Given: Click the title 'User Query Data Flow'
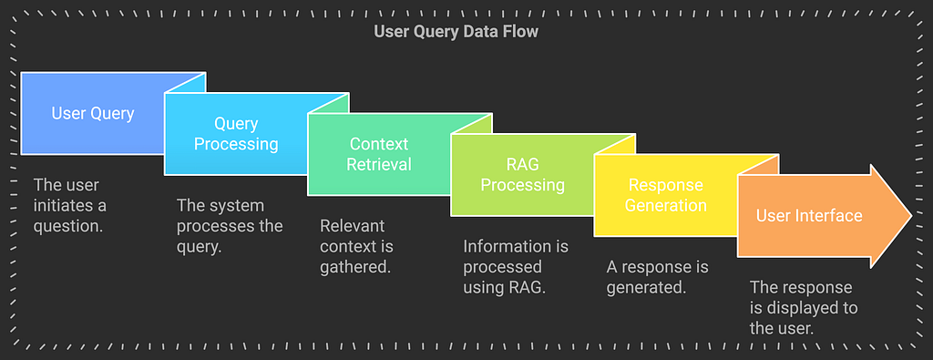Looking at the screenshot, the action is pos(456,31).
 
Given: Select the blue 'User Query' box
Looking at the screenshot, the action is pos(93,114).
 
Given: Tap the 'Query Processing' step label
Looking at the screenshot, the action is pos(236,134).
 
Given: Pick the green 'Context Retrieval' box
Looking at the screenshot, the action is pos(379,154).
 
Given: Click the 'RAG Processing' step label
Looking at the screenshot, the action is pos(522,174).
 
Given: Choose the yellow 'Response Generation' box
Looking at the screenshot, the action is pos(667,195).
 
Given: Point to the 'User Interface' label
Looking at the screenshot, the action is pos(809,215).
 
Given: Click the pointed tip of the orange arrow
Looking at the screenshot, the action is pos(911,215).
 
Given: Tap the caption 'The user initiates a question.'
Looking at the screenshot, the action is pos(69,205).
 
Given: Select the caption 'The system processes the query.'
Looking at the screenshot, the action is pos(230,226).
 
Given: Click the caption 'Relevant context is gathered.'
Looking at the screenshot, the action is pos(356,246).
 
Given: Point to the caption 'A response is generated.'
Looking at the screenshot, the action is pos(658,277).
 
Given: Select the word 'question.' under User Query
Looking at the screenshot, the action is pos(68,226).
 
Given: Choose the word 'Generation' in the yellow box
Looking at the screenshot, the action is pos(667,205).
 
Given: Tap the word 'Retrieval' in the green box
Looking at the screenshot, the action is pos(379,164).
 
